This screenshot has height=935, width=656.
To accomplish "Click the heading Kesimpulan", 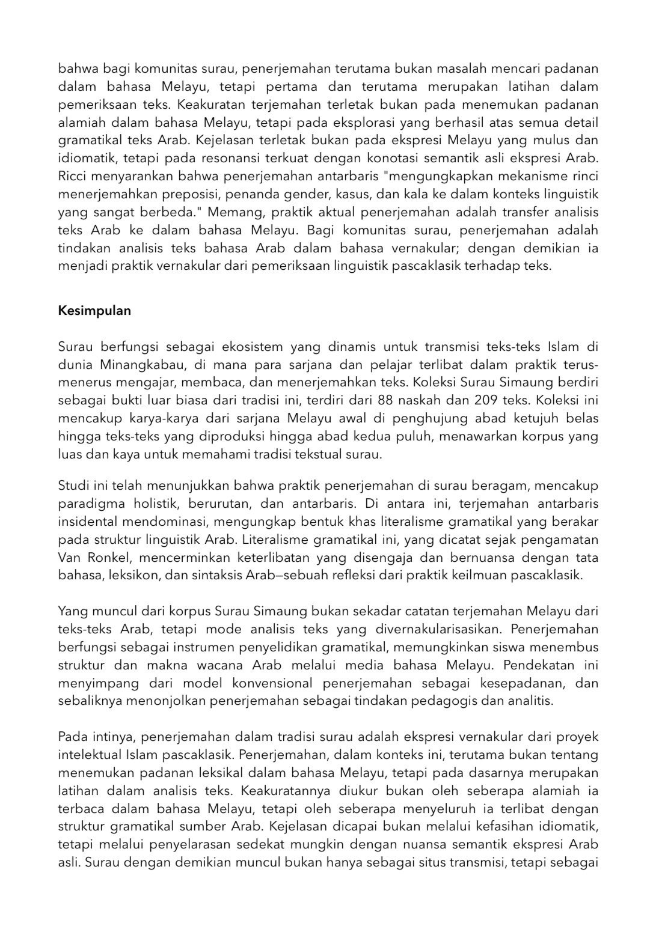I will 94,311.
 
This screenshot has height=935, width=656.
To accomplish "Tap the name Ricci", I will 72,178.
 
